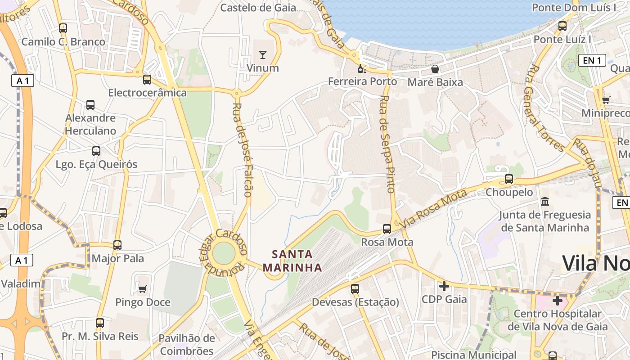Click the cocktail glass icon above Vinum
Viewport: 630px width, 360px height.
click(x=263, y=55)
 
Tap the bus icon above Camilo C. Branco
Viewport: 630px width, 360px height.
click(x=63, y=28)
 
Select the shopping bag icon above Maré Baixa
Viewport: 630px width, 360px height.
click(x=435, y=69)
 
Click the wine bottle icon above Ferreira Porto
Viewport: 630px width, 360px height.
click(x=362, y=68)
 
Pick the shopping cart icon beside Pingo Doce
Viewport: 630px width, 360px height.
click(x=143, y=289)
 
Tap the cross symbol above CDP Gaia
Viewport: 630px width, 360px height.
click(x=444, y=286)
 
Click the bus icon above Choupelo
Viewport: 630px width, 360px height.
click(x=509, y=179)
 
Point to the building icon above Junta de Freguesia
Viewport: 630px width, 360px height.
click(x=545, y=201)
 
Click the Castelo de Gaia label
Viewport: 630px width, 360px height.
click(x=258, y=8)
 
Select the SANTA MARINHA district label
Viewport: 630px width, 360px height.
click(x=292, y=261)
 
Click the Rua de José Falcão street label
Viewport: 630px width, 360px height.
click(x=242, y=150)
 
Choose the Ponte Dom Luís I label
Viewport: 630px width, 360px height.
click(x=574, y=8)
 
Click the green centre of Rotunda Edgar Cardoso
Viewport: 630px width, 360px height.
click(x=224, y=253)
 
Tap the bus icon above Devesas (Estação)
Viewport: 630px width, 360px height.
click(x=355, y=288)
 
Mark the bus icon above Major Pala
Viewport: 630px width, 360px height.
click(x=117, y=245)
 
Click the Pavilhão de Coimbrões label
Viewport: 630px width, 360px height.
click(x=186, y=344)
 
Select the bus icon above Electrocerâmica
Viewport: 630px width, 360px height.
click(x=147, y=80)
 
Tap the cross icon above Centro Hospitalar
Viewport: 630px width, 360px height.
click(x=558, y=300)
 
